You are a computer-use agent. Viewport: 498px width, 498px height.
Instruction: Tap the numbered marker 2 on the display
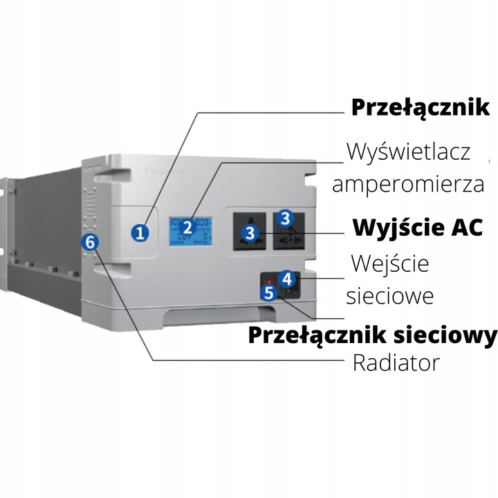(187, 227)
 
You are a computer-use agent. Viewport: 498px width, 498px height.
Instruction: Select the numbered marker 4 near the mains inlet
(289, 279)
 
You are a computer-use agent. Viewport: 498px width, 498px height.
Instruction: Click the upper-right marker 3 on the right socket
(285, 218)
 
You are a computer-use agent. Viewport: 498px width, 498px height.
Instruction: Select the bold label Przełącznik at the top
(421, 108)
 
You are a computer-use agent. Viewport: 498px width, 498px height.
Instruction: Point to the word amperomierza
(407, 185)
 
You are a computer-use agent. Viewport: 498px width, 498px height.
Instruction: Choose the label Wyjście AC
(417, 228)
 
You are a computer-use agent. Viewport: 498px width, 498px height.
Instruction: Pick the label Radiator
(396, 363)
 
